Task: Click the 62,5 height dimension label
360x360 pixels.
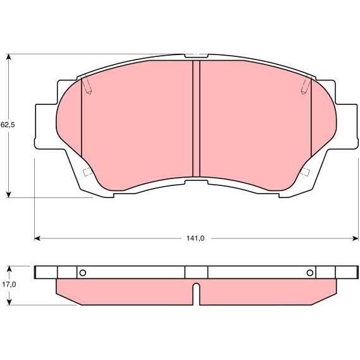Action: (8, 125)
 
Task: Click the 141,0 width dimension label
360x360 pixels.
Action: (195, 239)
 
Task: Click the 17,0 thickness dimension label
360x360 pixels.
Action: (9, 285)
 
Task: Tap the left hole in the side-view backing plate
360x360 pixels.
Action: (83, 273)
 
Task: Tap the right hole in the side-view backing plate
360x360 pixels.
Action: (310, 273)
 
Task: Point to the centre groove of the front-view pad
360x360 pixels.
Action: (196, 118)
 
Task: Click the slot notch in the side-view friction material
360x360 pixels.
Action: (196, 294)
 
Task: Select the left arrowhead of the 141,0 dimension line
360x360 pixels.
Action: (37, 239)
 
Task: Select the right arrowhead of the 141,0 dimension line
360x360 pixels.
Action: (355, 239)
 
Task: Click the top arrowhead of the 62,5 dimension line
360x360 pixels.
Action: (8, 57)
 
